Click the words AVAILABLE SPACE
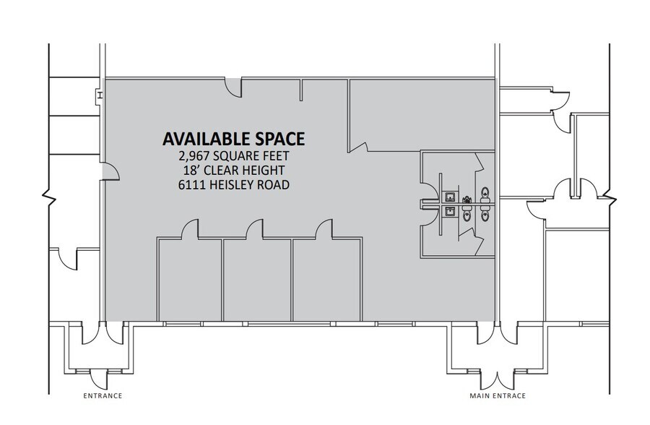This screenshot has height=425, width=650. point(233,138)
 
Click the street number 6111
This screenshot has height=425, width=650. point(192,184)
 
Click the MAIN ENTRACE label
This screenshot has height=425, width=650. point(497,396)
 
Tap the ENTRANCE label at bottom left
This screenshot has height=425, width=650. point(102,396)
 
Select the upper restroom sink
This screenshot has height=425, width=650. point(449,197)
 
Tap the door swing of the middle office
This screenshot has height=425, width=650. point(254,230)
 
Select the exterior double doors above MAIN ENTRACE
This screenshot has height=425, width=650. point(497,377)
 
